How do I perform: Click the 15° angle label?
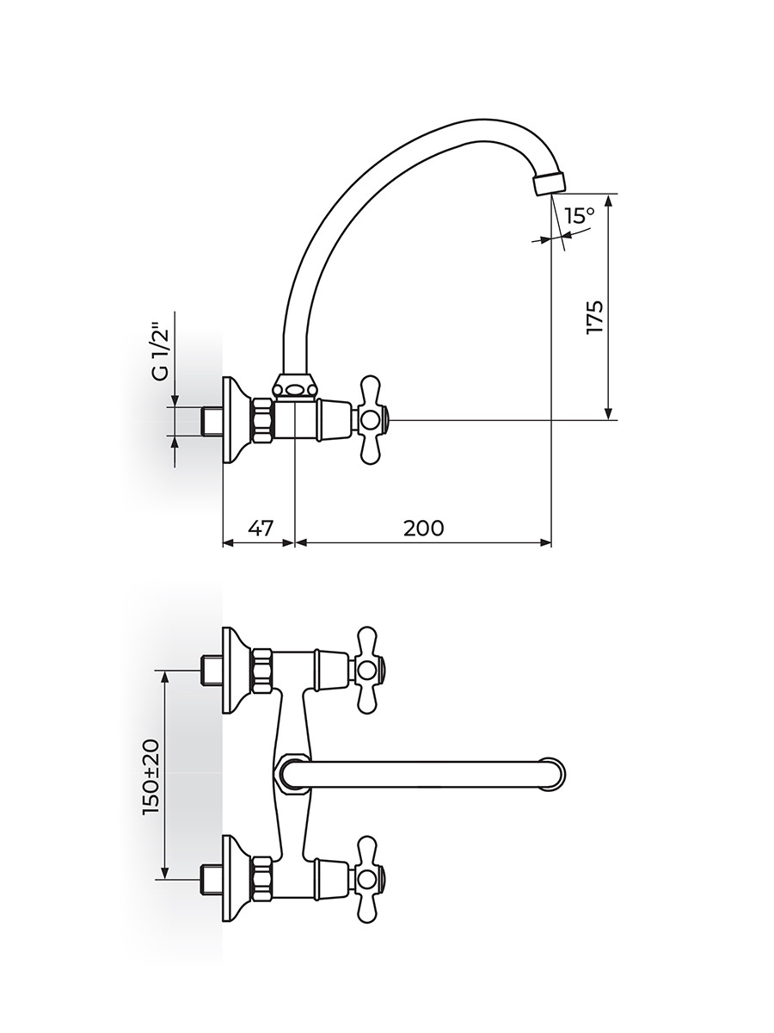pos(580,216)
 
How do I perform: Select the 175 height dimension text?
pos(594,317)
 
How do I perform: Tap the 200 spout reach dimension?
pos(423,528)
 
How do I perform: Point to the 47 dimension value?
pos(260,528)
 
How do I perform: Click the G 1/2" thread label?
pos(160,351)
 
